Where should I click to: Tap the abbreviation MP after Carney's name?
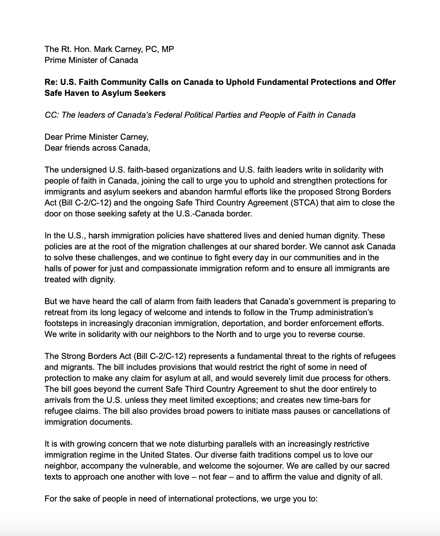(x=168, y=49)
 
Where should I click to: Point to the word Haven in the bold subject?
(x=76, y=93)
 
